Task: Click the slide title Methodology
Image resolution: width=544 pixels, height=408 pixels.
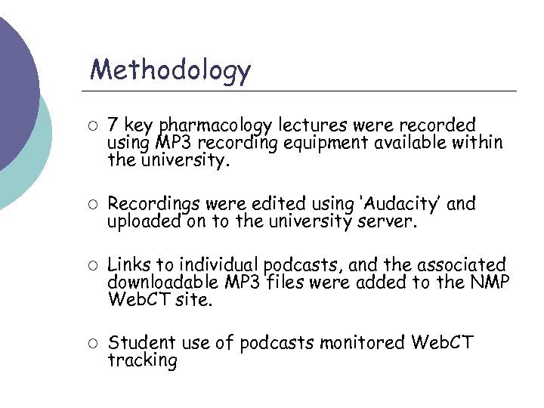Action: tap(170, 70)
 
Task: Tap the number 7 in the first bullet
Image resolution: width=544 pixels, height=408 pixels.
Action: tap(113, 124)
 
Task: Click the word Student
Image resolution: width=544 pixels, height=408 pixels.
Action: tap(138, 343)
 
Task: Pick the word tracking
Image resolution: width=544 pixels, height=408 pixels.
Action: tap(142, 361)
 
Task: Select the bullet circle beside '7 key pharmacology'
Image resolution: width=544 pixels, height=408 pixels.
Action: tap(91, 123)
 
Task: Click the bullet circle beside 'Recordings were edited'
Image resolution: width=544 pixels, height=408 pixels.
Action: tap(91, 204)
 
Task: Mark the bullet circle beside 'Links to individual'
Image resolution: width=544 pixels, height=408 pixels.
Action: tap(91, 265)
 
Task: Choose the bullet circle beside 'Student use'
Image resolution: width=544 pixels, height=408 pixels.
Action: tap(91, 343)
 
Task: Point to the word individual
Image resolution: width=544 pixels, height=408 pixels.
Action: tap(216, 265)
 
